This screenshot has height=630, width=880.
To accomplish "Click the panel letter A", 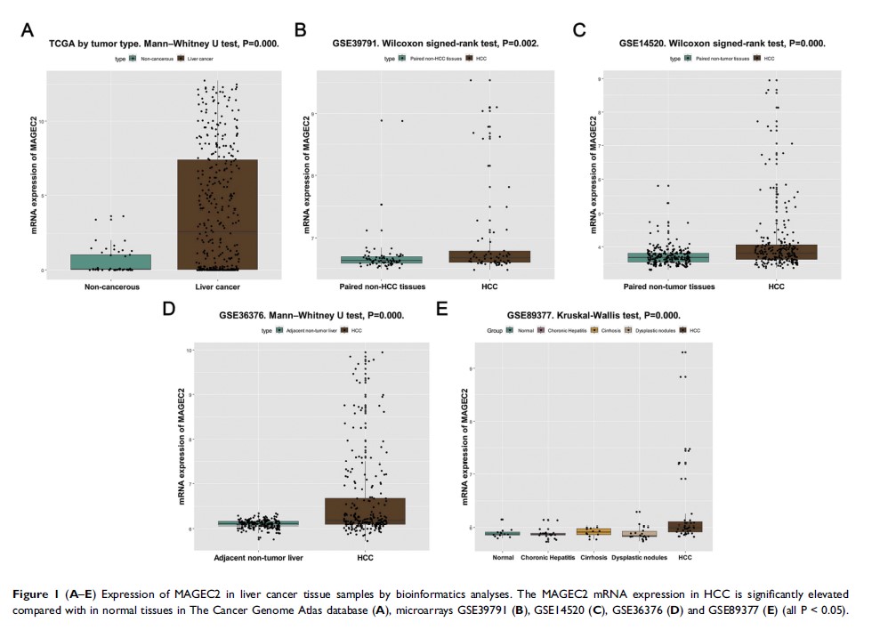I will (28, 29).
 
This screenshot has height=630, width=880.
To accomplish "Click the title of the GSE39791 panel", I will (435, 43).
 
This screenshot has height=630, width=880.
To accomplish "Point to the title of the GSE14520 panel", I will (723, 43).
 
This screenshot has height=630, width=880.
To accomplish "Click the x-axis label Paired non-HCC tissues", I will (383, 286).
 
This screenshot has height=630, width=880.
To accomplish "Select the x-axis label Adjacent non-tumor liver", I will (258, 557).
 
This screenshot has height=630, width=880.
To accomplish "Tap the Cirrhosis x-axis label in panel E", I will (593, 557).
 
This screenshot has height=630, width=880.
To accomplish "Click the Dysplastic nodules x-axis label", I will (639, 557).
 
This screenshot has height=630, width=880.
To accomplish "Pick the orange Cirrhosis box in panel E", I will (593, 531).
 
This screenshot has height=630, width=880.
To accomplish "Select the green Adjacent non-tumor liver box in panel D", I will (259, 523).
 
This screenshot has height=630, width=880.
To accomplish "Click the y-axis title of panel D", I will (182, 446).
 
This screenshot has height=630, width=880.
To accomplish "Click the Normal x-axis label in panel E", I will (504, 557).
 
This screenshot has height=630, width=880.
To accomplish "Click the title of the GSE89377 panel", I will (593, 314).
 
